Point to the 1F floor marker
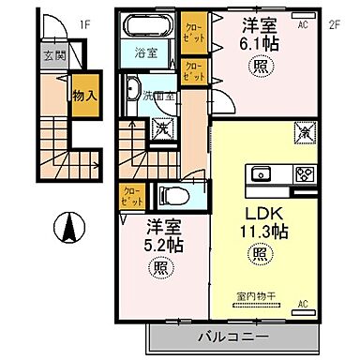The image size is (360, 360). click(x=84, y=24)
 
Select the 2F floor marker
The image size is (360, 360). click(x=332, y=25)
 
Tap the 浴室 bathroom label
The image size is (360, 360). click(x=144, y=54)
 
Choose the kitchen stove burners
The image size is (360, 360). click(x=307, y=173)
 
